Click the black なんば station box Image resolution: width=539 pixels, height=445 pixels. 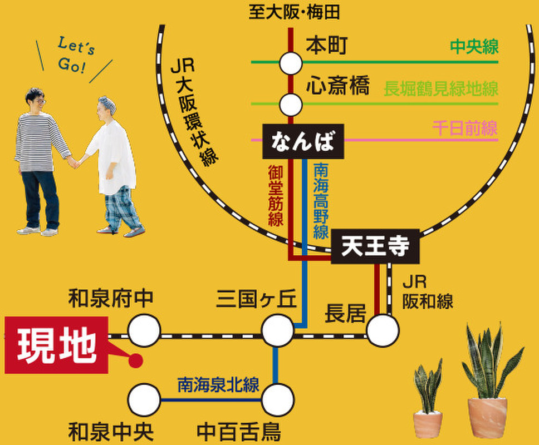303,141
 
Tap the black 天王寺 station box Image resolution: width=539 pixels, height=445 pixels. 375,246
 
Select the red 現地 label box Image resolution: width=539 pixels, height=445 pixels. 56,345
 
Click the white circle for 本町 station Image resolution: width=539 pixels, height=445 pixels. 291,63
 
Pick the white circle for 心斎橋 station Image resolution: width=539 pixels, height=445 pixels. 291,105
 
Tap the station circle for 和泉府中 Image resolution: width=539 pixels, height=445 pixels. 144,330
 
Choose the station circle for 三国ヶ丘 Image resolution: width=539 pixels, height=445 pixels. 278,330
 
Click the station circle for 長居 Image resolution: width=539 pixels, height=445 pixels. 383,330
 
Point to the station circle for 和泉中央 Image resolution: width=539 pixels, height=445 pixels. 144,400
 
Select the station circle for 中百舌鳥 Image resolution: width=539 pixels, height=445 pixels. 278,400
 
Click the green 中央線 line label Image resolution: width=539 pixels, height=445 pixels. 474,47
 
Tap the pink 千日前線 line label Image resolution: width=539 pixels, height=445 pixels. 465,128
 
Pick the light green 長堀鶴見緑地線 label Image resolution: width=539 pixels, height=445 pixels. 441,88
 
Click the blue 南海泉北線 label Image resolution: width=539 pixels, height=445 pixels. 218,385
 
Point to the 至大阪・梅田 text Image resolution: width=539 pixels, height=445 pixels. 294,13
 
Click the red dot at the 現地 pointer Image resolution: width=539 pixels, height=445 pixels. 136,360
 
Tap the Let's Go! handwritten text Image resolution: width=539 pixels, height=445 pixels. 75,56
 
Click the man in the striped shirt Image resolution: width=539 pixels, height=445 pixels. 40,161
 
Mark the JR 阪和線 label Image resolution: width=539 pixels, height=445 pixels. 427,292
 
